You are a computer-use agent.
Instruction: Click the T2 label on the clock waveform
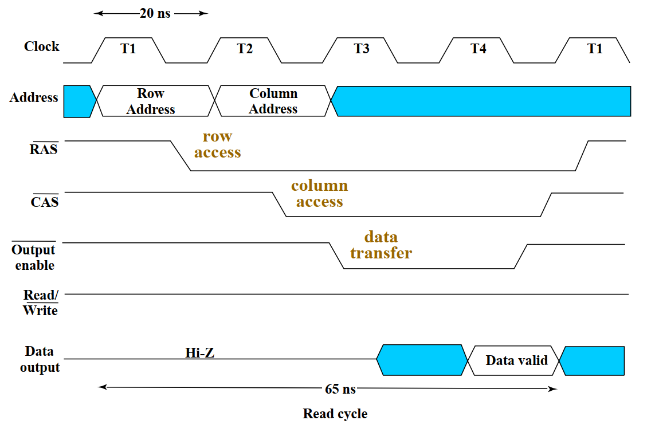click(245, 49)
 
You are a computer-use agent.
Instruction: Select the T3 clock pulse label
click(362, 49)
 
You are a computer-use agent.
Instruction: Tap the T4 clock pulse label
click(478, 49)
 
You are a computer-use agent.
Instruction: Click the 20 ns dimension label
click(155, 13)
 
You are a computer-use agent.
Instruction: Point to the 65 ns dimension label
click(340, 389)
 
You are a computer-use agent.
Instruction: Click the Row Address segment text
click(151, 101)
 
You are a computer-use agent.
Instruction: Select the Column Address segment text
click(273, 101)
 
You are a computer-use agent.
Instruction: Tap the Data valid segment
click(516, 360)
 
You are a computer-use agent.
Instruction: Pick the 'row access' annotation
click(217, 144)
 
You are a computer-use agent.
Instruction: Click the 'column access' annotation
click(319, 194)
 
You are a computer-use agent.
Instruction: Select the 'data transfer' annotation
click(381, 245)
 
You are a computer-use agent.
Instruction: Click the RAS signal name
click(44, 150)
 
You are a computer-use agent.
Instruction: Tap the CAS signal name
click(45, 201)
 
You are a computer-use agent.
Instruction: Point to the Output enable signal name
click(34, 257)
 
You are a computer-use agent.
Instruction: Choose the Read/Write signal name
click(40, 303)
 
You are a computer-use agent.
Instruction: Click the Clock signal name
click(41, 46)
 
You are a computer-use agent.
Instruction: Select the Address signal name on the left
click(34, 97)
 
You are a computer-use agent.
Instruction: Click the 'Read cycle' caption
click(335, 414)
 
